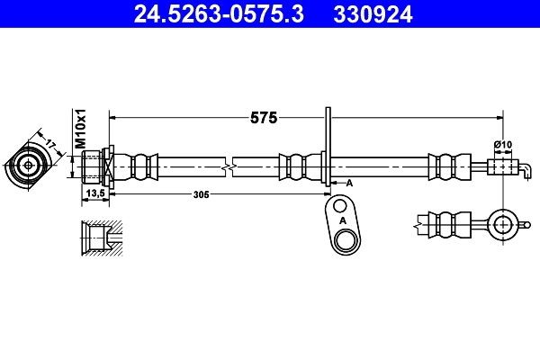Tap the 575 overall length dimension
[264, 117]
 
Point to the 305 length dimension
[202, 193]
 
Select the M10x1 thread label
[79, 128]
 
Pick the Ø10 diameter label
[502, 145]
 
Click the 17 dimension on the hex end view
[50, 142]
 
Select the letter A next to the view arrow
[349, 183]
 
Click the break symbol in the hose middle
[231, 166]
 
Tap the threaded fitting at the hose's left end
[95, 166]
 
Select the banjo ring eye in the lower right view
[502, 221]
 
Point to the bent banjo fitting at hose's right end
[508, 167]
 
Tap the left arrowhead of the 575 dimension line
[112, 117]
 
